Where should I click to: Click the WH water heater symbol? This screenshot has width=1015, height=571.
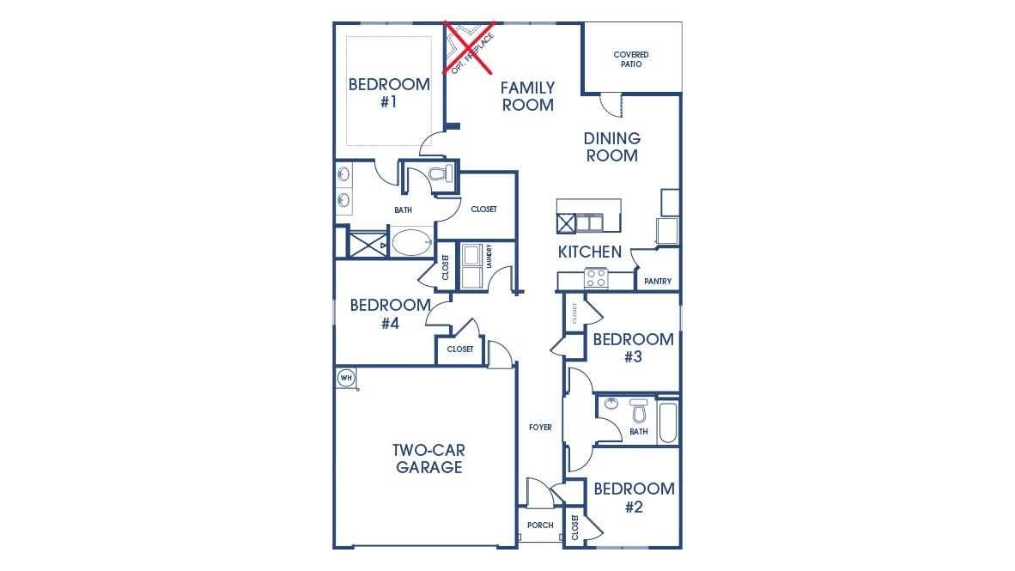(346, 378)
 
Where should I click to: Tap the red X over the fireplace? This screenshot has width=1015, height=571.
(469, 46)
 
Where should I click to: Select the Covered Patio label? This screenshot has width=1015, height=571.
(631, 59)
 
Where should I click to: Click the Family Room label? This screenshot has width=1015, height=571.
(527, 96)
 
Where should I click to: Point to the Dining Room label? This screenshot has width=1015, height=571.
(611, 147)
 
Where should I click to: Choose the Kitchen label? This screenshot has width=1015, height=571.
(590, 252)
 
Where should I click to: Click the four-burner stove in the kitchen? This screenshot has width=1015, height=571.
(596, 278)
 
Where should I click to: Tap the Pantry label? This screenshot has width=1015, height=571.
(658, 282)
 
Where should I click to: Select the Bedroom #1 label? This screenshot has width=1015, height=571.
(389, 93)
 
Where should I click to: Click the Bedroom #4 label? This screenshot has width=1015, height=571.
(391, 314)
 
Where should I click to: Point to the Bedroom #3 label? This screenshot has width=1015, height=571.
(633, 348)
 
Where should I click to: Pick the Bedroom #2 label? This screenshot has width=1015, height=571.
(634, 498)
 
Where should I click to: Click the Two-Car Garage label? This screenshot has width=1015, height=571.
(428, 459)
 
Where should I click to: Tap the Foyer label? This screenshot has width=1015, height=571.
(540, 428)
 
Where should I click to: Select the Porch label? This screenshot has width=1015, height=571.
(540, 525)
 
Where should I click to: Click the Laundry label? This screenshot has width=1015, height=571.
(489, 257)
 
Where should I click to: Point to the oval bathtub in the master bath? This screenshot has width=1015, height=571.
(412, 242)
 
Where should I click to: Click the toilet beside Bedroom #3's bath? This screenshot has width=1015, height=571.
(639, 410)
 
